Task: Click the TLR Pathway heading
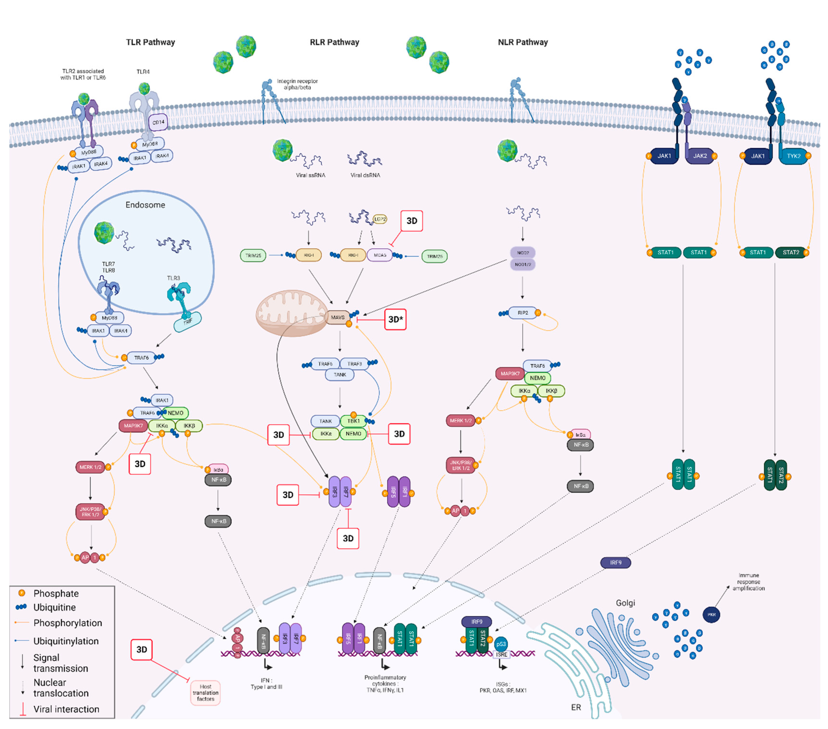150,42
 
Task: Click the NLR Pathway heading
523,42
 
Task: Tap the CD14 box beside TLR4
158,122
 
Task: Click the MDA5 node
379,255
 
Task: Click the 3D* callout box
395,319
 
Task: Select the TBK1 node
353,421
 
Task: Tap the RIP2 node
523,313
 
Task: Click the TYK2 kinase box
793,156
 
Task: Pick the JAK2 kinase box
700,156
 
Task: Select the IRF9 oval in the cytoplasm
615,563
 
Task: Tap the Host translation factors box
205,693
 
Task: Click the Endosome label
145,205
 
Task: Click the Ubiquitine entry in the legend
54,608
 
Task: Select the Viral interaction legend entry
66,709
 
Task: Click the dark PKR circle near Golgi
711,615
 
